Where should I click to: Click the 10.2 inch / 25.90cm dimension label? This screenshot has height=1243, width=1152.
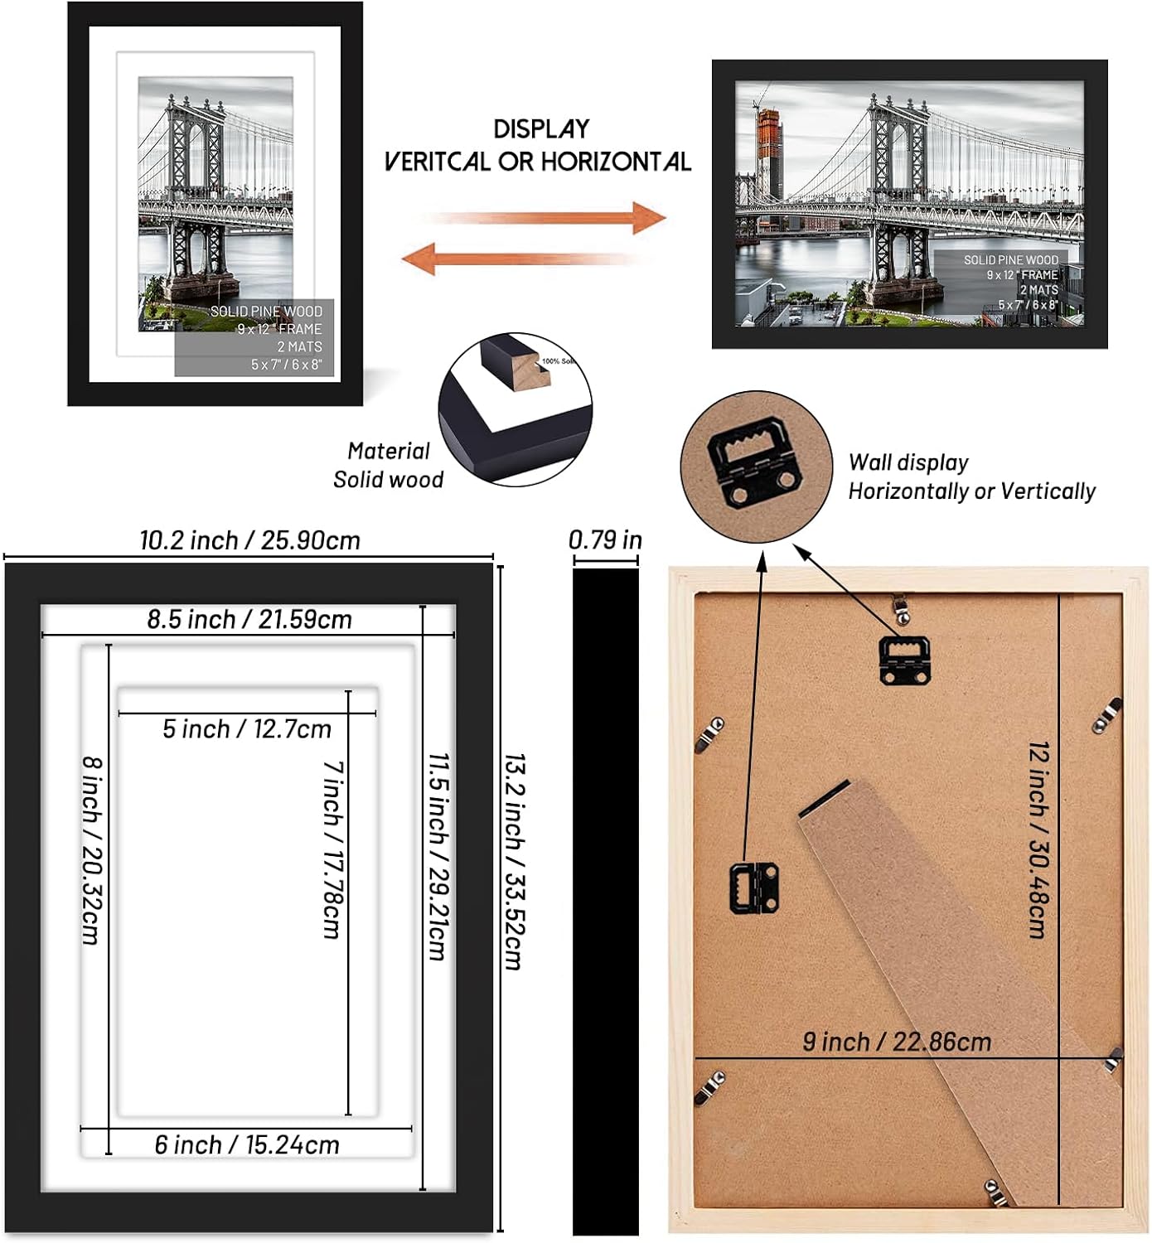249,540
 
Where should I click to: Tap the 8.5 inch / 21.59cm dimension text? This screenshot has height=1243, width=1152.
249,619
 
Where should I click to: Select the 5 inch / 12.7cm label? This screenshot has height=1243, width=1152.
247,729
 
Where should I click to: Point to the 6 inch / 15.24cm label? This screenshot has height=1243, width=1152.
247,1145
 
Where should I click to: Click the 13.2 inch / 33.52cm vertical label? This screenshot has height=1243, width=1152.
515,862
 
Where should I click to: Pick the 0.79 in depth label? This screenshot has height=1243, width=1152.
605,540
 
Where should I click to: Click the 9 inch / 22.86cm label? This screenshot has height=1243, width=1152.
897,1042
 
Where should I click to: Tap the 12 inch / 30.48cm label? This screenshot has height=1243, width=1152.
1039,839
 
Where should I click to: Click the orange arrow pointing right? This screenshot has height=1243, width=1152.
547,218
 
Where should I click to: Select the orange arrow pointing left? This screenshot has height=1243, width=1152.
522,259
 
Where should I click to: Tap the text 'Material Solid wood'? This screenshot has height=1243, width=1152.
388,466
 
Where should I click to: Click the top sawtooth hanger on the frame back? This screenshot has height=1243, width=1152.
904,660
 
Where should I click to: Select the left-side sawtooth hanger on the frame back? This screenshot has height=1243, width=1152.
753,888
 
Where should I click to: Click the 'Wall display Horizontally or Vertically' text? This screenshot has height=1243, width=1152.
971,477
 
